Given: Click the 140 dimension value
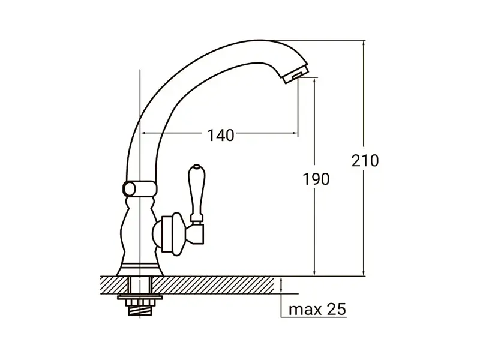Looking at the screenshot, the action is click(221, 135).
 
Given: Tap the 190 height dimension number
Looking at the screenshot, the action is click(316, 179).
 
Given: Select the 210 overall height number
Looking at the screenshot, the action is click(365, 161).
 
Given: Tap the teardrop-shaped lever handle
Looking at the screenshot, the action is click(196, 193).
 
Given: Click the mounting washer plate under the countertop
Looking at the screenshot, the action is click(140, 296).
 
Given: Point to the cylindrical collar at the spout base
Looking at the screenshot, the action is click(140, 188).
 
